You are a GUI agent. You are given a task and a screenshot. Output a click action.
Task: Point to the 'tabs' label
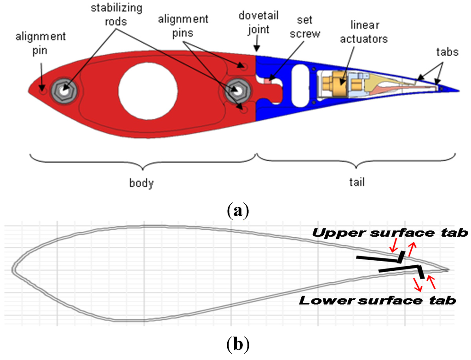tap(447, 51)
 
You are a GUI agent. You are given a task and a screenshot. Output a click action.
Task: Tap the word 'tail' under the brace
tap(356, 183)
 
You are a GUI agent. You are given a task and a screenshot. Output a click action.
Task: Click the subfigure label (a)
tap(237, 211)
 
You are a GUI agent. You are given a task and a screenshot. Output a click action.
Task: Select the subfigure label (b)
tap(237, 344)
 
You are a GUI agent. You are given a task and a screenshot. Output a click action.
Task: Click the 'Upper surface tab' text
tap(390, 233)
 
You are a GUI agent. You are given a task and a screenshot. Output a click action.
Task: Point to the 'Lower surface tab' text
tap(378, 301)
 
